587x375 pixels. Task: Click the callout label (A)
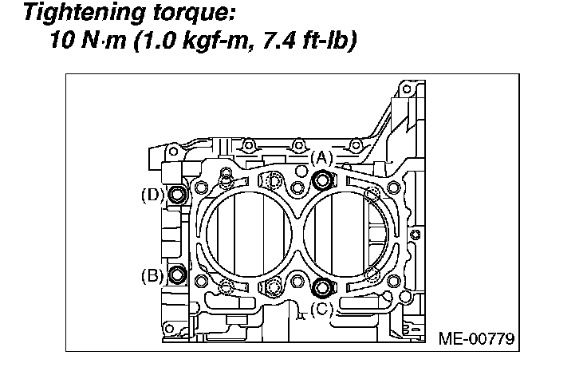tap(321, 157)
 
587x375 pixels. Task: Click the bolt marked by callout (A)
tap(322, 180)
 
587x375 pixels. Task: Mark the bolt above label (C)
tap(322, 287)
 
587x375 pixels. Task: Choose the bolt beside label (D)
tap(177, 194)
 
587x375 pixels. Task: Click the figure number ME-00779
tap(476, 338)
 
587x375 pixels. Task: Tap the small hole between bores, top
tap(297, 187)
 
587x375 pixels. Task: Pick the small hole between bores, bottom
tap(297, 279)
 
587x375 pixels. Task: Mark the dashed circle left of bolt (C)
tap(274, 288)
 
